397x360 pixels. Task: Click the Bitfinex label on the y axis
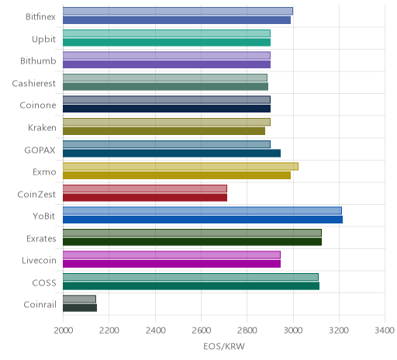pyautogui.click(x=40, y=17)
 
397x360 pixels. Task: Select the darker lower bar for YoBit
pyautogui.click(x=202, y=220)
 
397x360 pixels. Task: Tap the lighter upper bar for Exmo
pyautogui.click(x=181, y=166)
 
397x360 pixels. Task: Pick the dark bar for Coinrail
pyautogui.click(x=80, y=308)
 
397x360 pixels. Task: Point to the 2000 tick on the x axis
pyautogui.click(x=64, y=331)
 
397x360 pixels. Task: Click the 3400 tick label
pyautogui.click(x=385, y=331)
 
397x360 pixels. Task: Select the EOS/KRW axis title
pyautogui.click(x=224, y=346)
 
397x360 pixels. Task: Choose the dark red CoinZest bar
pyautogui.click(x=145, y=197)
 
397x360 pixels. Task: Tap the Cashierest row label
pyautogui.click(x=34, y=83)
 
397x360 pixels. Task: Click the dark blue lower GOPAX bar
pyautogui.click(x=171, y=153)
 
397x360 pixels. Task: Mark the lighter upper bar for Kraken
pyautogui.click(x=167, y=122)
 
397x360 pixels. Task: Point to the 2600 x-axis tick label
pyautogui.click(x=201, y=331)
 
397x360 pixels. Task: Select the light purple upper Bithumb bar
pyautogui.click(x=167, y=55)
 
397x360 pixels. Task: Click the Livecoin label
pyautogui.click(x=39, y=260)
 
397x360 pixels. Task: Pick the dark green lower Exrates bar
pyautogui.click(x=192, y=241)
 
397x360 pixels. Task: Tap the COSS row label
pyautogui.click(x=44, y=282)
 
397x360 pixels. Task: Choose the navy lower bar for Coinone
pyautogui.click(x=167, y=109)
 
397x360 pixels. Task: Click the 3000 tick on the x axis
pyautogui.click(x=293, y=331)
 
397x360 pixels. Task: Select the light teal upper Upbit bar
pyautogui.click(x=167, y=33)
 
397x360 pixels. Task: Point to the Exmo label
pyautogui.click(x=44, y=172)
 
